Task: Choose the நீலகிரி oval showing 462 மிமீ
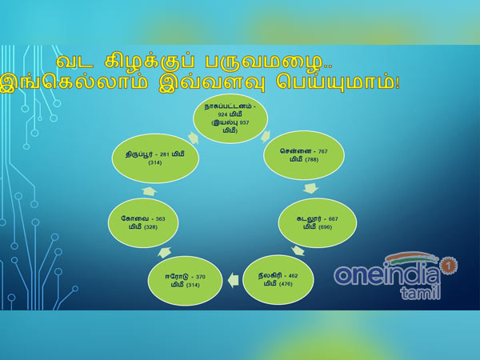277,278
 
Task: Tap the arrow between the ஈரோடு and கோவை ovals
164,251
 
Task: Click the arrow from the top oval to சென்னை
266,135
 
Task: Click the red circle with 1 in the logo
449,262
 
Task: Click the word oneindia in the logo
386,274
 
